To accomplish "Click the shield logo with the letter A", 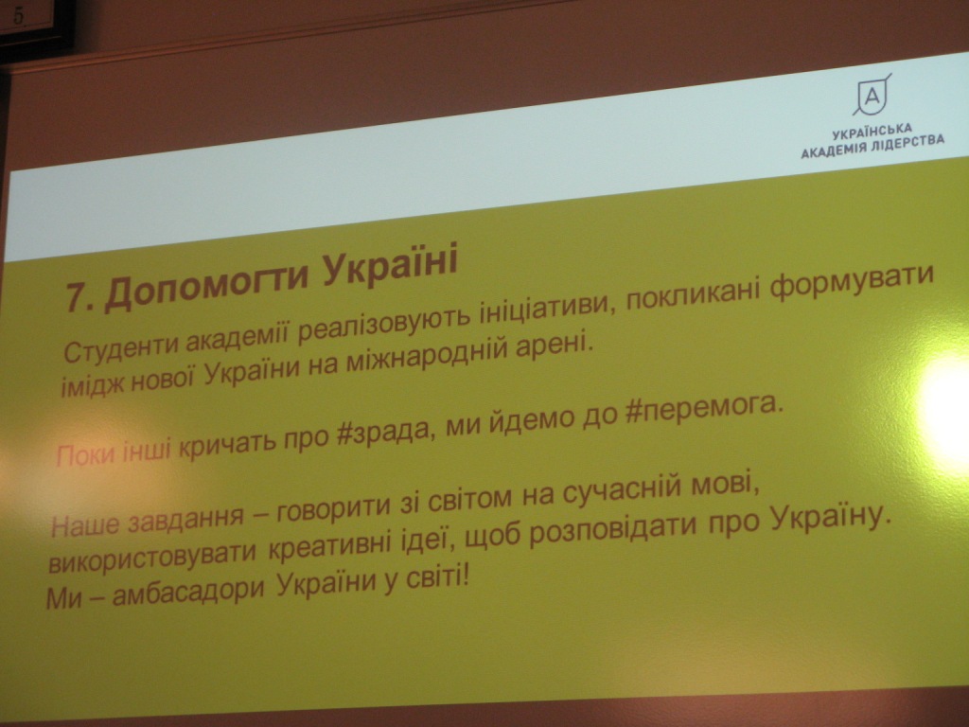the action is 872,95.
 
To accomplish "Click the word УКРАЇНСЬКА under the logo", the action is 872,132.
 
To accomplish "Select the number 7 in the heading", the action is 76,297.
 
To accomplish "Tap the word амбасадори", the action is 188,591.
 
